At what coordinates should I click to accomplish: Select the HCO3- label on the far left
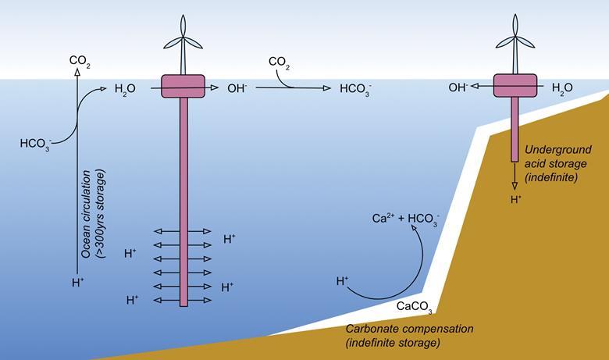click(36, 144)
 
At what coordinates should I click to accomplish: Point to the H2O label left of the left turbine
click(125, 89)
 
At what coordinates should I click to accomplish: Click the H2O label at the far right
click(562, 88)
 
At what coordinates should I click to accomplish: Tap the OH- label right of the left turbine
click(237, 89)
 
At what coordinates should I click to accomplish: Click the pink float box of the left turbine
click(183, 87)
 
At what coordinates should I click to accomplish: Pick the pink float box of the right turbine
click(515, 87)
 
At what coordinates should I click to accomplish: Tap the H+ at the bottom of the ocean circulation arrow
click(77, 283)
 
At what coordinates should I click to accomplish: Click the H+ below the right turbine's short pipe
click(515, 201)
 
